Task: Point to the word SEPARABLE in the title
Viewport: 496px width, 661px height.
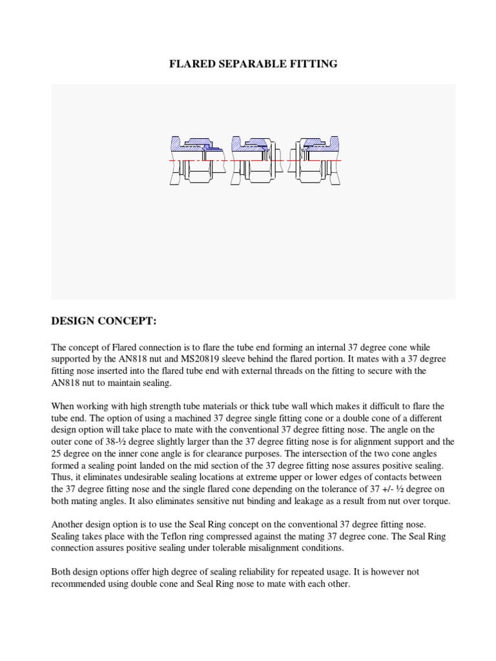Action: point(253,65)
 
